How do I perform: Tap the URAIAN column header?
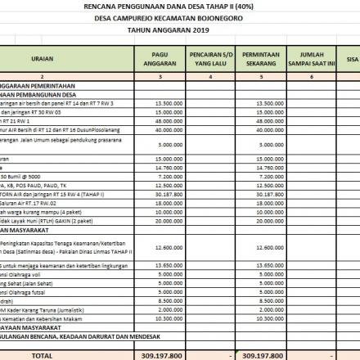[43, 59]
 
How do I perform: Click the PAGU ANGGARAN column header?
[160, 59]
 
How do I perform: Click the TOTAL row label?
[43, 356]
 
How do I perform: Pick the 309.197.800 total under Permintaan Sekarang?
[263, 356]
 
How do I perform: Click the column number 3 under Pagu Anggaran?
[160, 76]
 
